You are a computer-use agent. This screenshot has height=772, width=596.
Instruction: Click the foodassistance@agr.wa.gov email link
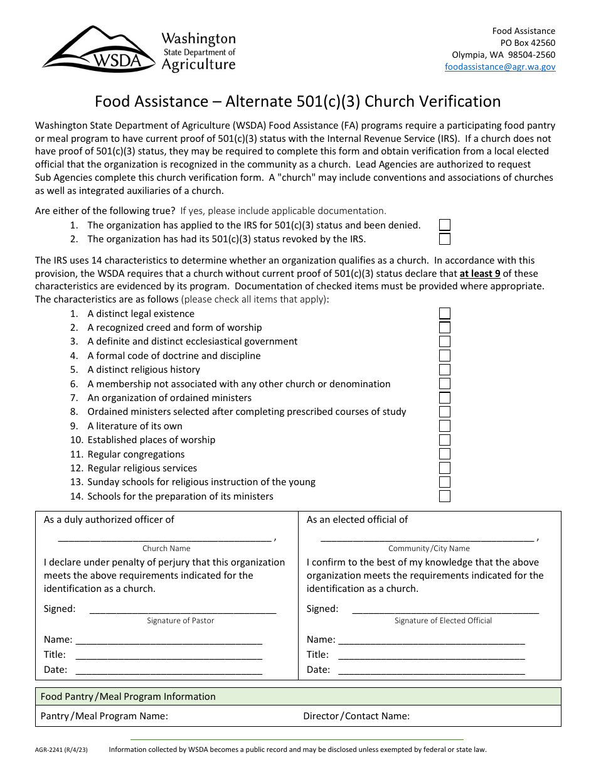click(500, 67)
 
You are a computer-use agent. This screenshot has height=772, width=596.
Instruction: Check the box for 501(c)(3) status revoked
click(445, 239)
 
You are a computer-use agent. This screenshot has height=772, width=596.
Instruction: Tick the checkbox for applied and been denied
click(445, 225)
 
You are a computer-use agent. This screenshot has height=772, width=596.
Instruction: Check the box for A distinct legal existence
click(445, 314)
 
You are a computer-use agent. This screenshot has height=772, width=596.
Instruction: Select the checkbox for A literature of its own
click(445, 426)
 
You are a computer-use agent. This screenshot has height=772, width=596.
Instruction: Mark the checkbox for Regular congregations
click(445, 454)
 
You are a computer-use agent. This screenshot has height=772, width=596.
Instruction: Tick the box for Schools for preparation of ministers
click(445, 496)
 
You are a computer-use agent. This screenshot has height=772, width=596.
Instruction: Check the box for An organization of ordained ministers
click(445, 398)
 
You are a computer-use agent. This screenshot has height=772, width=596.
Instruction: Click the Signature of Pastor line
click(183, 609)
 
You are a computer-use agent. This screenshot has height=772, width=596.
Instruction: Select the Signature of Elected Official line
click(445, 609)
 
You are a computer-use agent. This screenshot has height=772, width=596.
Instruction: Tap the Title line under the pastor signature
click(168, 655)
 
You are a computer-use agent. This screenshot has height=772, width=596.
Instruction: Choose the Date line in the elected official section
click(431, 670)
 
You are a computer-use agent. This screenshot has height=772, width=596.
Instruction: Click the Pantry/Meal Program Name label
click(104, 716)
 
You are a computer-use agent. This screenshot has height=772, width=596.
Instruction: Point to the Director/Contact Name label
click(356, 716)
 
